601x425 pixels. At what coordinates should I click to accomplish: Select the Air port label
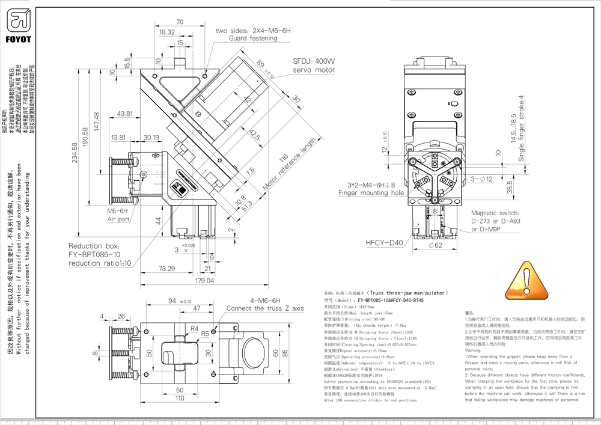(x=118, y=219)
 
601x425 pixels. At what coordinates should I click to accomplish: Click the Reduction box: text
(x=94, y=246)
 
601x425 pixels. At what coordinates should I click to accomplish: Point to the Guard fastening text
(x=253, y=38)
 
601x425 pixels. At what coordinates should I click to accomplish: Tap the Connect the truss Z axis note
(x=265, y=308)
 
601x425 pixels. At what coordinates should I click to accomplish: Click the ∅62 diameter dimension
(x=435, y=245)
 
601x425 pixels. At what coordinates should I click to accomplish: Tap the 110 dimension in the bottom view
(x=180, y=398)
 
